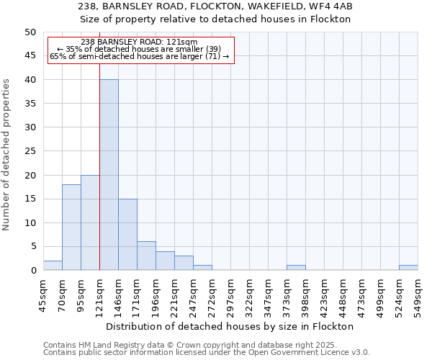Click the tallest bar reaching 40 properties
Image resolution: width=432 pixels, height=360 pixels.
109,175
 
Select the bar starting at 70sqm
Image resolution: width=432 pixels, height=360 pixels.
71,228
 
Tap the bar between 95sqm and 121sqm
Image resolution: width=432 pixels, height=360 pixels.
90,222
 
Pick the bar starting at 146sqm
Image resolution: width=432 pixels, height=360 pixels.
127,235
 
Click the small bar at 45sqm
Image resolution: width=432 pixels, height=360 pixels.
53,266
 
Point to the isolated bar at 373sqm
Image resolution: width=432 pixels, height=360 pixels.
296,268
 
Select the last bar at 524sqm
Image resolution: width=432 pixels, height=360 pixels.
408,268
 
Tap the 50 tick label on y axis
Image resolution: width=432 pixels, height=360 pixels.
30,32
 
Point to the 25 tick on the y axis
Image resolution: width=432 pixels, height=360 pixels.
30,151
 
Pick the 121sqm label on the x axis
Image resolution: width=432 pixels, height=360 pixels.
99,293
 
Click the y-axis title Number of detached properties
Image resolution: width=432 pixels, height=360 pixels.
7,155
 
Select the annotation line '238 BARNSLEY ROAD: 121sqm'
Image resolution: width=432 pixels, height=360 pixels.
139,42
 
